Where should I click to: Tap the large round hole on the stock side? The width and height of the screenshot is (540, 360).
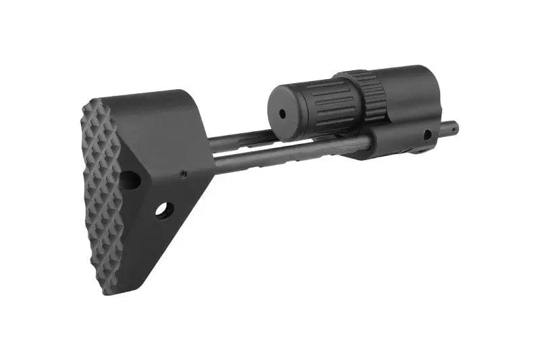pyautogui.click(x=163, y=210)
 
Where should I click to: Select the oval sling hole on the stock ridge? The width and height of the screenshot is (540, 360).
pyautogui.click(x=130, y=180)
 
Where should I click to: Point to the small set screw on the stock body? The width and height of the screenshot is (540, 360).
pyautogui.click(x=184, y=174)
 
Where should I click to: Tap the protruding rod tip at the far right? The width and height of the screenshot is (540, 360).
pyautogui.click(x=452, y=126)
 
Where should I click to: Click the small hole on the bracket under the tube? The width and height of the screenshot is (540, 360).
pyautogui.click(x=427, y=134)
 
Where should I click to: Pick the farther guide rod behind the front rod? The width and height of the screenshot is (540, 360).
pyautogui.click(x=243, y=138)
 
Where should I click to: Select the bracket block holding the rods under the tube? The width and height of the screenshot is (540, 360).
pyautogui.click(x=398, y=138)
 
